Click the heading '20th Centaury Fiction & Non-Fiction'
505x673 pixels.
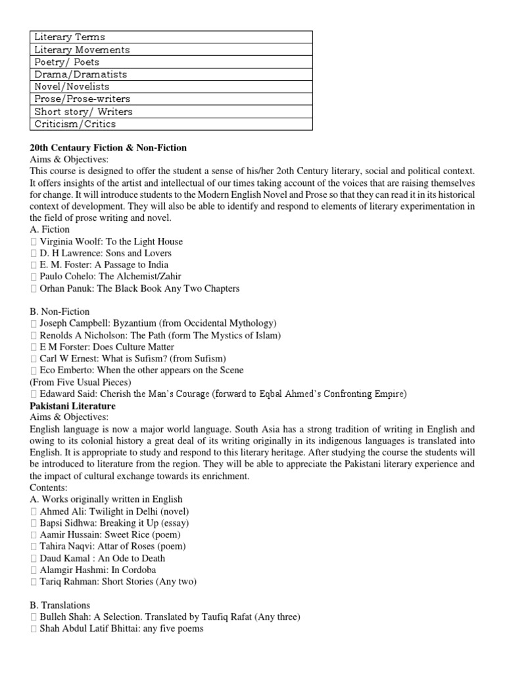pos(108,148)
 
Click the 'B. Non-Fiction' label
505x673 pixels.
pos(60,312)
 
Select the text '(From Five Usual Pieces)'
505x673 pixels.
pos(80,382)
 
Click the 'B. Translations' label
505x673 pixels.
pos(60,605)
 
